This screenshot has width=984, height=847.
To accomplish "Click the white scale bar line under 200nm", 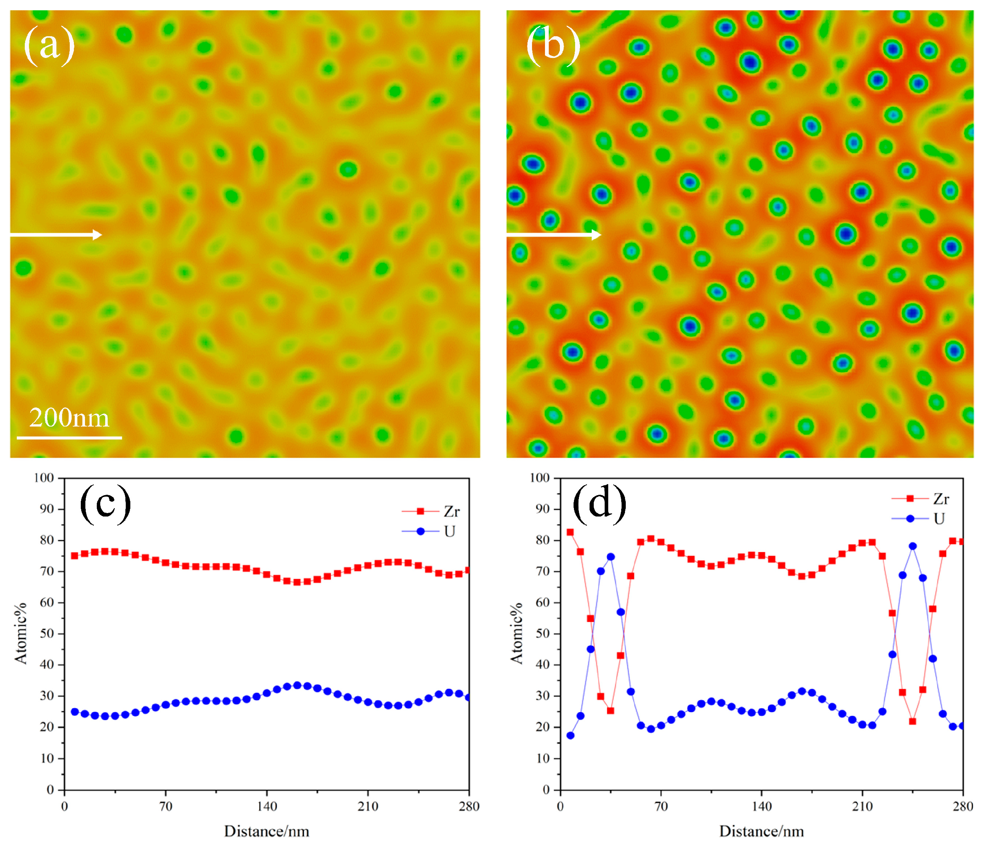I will pos(69,438).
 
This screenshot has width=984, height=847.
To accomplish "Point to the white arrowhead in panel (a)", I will pos(97,235).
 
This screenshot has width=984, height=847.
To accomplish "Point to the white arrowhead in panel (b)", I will pos(596,235).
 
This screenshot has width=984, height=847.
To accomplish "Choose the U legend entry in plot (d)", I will pos(939,518).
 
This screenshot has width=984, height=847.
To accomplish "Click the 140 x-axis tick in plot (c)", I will pos(267,806).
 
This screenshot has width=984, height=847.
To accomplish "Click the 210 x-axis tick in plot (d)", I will pos(862,806).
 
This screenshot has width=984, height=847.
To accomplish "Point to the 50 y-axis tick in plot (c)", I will pos(46,633).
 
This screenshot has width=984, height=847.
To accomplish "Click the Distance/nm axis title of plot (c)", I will pos(266,831).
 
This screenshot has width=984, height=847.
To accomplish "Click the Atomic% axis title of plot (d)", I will pos(516,633).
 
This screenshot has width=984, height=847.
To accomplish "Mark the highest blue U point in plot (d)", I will pos(912,546).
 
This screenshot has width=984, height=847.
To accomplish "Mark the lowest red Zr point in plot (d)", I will pos(912,721).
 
